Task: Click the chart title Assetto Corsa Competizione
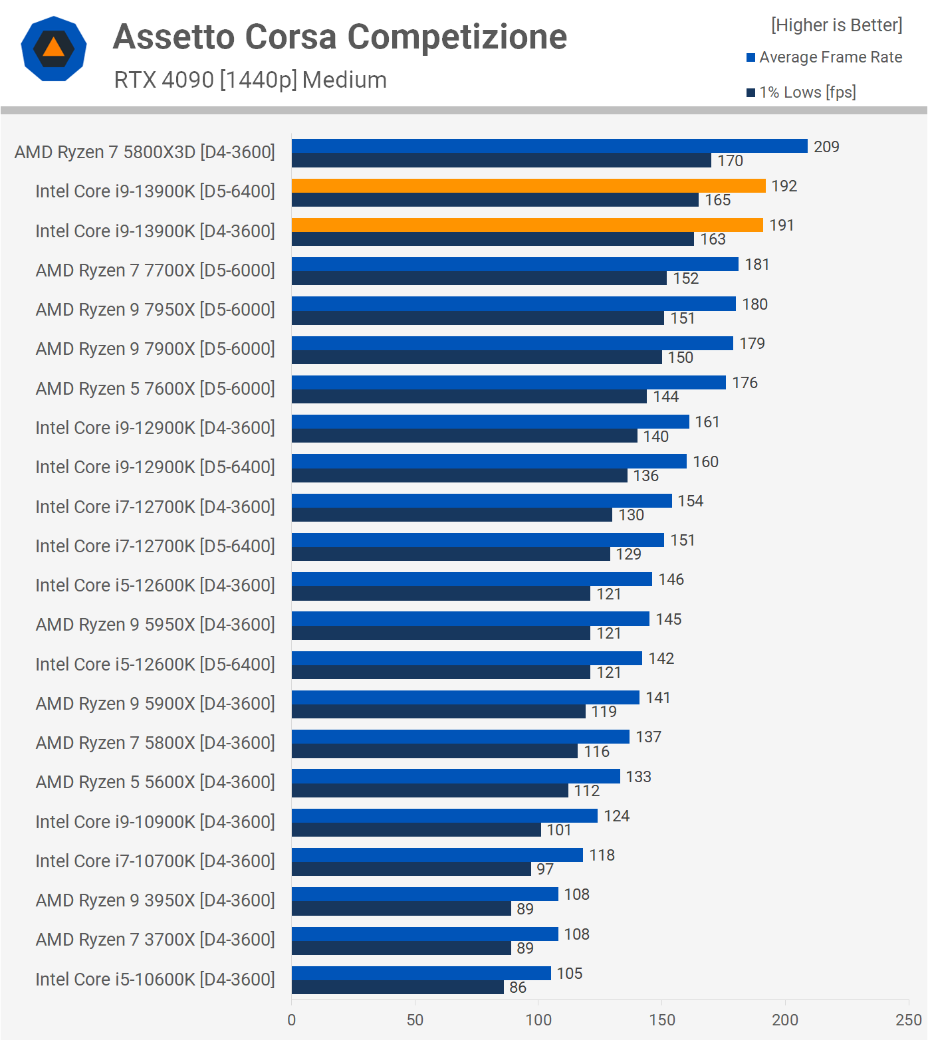pyautogui.click(x=340, y=37)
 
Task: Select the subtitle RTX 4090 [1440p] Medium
pyautogui.click(x=250, y=80)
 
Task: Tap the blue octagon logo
pyautogui.click(x=54, y=49)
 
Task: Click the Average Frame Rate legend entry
pyautogui.click(x=830, y=58)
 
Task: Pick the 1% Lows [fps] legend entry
pyautogui.click(x=807, y=92)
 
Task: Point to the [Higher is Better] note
pyautogui.click(x=836, y=25)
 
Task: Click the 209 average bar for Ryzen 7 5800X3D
pyautogui.click(x=549, y=146)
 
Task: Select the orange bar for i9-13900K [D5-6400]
pyautogui.click(x=528, y=185)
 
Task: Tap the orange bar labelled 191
pyautogui.click(x=527, y=225)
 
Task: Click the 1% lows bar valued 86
pyautogui.click(x=398, y=988)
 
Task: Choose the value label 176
pyautogui.click(x=745, y=383)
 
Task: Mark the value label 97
pyautogui.click(x=545, y=869)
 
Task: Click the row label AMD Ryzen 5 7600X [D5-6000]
pyautogui.click(x=155, y=389)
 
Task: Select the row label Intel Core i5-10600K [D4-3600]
pyautogui.click(x=155, y=980)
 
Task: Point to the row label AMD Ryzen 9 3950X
pyautogui.click(x=155, y=900)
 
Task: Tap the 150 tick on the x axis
pyautogui.click(x=661, y=1020)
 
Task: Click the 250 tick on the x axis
pyautogui.click(x=908, y=1020)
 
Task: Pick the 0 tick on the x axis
pyautogui.click(x=292, y=1020)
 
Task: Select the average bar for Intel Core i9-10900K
pyautogui.click(x=445, y=815)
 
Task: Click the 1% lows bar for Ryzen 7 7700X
pyautogui.click(x=479, y=278)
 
